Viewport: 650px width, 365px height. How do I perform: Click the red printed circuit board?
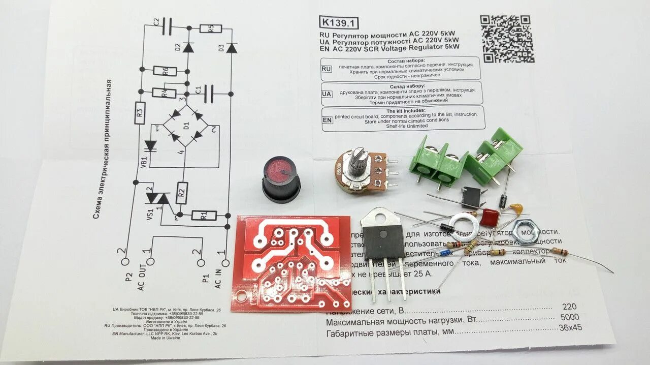(x=294, y=263)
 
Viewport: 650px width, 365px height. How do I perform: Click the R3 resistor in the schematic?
(x=141, y=113)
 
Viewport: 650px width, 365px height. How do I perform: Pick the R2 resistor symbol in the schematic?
(x=182, y=193)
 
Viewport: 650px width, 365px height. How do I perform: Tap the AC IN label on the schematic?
(x=218, y=279)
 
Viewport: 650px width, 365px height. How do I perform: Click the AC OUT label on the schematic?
(x=142, y=279)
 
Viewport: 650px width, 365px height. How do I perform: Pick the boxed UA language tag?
(x=327, y=94)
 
